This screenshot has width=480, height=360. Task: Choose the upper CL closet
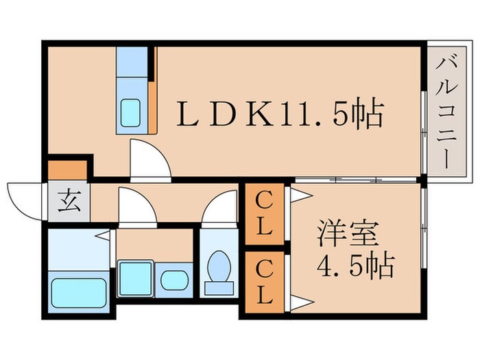pos(264,213)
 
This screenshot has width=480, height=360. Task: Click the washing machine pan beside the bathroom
pos(135,278)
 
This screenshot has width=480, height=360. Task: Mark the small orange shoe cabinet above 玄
pos(67,169)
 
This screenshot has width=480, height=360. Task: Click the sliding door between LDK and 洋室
pos(357,180)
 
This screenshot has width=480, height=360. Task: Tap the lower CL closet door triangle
pos(300,300)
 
